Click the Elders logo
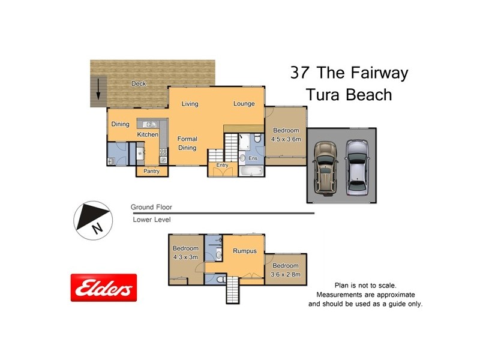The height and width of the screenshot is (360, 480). [104, 288]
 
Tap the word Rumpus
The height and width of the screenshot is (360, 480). [245, 251]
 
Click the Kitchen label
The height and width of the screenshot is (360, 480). [148, 134]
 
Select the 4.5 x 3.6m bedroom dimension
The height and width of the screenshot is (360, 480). [286, 139]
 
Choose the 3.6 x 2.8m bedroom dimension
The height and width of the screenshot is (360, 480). [285, 274]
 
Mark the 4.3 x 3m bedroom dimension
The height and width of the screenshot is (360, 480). [185, 257]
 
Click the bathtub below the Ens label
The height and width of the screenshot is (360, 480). [250, 172]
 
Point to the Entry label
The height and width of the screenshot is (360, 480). [222, 165]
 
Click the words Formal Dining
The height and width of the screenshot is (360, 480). [187, 143]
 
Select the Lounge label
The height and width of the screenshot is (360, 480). [244, 104]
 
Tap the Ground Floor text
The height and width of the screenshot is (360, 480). [151, 207]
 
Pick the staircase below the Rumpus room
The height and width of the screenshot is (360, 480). [233, 293]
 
